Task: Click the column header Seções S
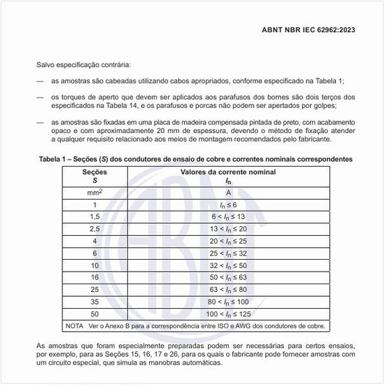coord(95,176)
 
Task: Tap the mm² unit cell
coord(95,192)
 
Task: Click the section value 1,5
coord(95,216)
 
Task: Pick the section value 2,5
coord(95,229)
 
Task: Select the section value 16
coord(95,277)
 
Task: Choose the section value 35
coord(95,302)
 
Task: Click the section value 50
coord(95,314)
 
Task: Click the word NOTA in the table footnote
coord(74,325)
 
